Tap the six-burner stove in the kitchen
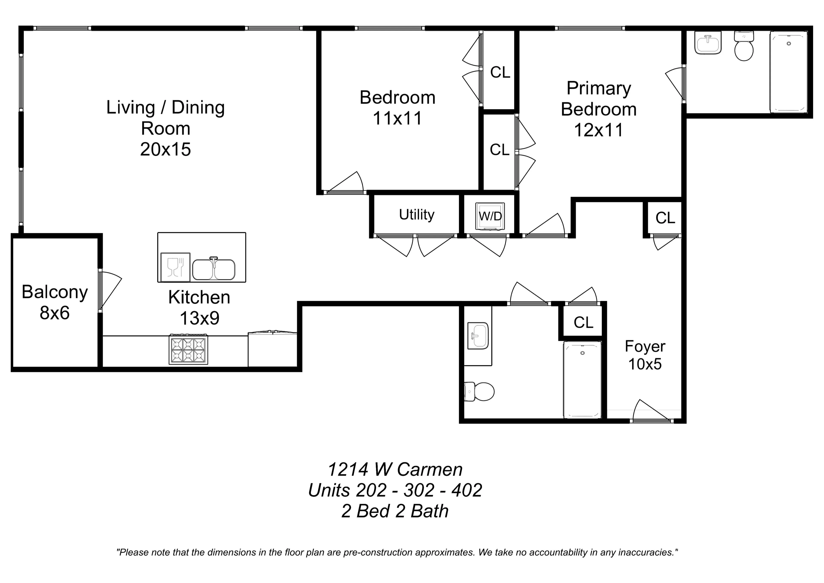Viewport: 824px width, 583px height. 188,349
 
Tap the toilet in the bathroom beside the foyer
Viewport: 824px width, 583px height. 479,391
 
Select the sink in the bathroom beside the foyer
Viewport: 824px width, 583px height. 478,336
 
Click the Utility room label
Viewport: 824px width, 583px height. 417,215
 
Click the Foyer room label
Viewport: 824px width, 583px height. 645,346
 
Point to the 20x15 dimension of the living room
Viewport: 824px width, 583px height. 165,149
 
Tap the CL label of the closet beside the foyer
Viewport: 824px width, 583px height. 583,322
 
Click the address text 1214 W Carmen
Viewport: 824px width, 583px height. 395,469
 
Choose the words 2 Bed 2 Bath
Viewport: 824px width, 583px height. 395,511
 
